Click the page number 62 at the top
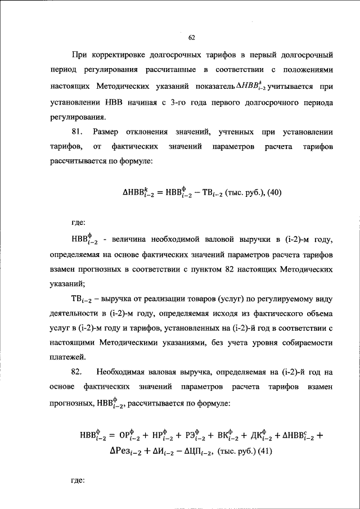coord(191,38)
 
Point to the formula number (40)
coord(272,192)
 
